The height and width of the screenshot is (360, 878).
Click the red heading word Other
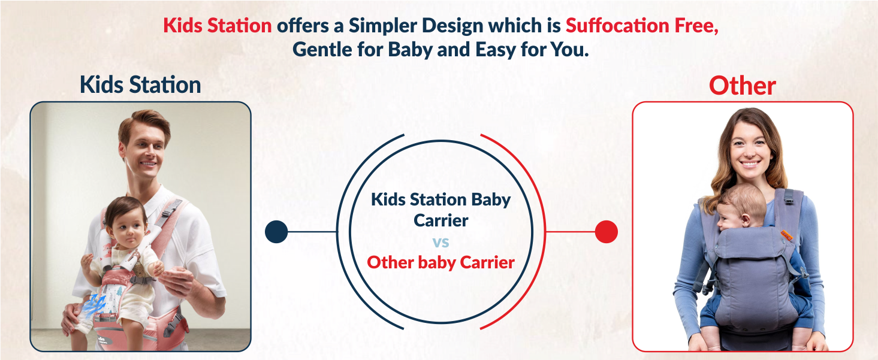coord(742,86)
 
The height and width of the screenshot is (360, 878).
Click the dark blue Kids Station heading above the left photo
coord(140,85)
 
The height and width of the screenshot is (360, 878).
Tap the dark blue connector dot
coord(276,232)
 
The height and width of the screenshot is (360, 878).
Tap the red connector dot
coord(606,232)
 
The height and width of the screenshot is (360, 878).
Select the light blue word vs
coord(440,243)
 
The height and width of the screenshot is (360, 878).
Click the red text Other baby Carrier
coord(440,262)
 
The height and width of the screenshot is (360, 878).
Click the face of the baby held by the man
coord(128,225)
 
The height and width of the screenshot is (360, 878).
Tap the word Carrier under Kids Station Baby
coord(440,220)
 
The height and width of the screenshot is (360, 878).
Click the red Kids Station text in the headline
coord(218,26)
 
